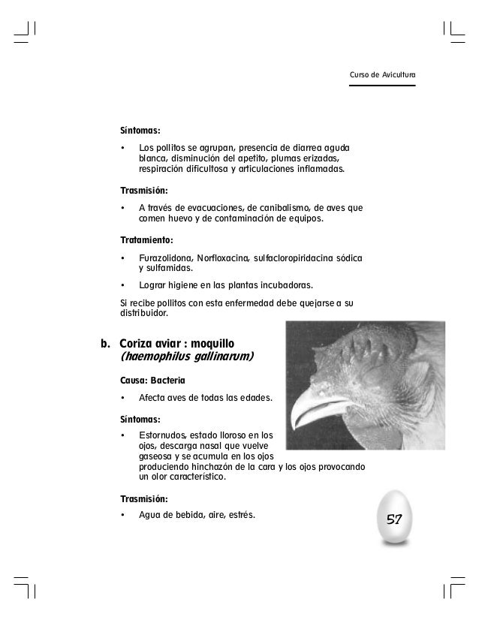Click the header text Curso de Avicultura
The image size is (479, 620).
click(x=383, y=75)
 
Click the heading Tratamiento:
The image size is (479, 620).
click(x=147, y=240)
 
